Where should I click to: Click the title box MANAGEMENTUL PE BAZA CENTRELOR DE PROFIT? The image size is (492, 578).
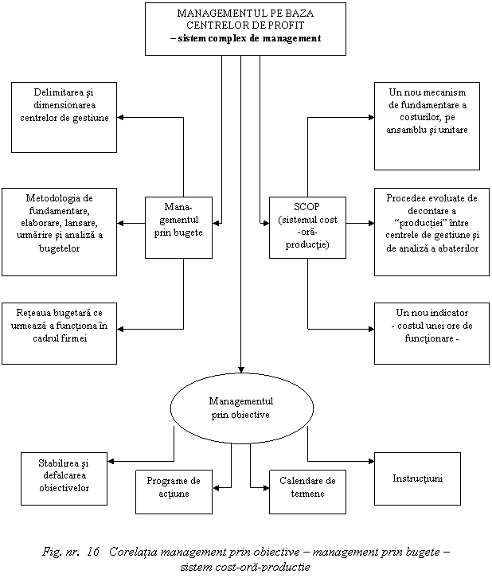[245, 28]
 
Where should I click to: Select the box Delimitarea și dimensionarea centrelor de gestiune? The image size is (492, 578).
[64, 116]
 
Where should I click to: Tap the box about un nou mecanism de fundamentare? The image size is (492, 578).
[427, 125]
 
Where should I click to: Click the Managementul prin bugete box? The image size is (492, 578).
[178, 227]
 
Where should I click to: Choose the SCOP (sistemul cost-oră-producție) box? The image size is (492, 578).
[307, 227]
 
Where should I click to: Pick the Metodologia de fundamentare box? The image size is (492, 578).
[60, 232]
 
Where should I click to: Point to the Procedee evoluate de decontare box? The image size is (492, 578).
[431, 232]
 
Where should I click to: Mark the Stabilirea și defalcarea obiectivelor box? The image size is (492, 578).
[64, 478]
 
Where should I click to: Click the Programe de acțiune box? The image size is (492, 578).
[173, 490]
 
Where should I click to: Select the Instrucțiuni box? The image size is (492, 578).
[418, 478]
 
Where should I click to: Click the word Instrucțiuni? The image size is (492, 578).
[418, 478]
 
